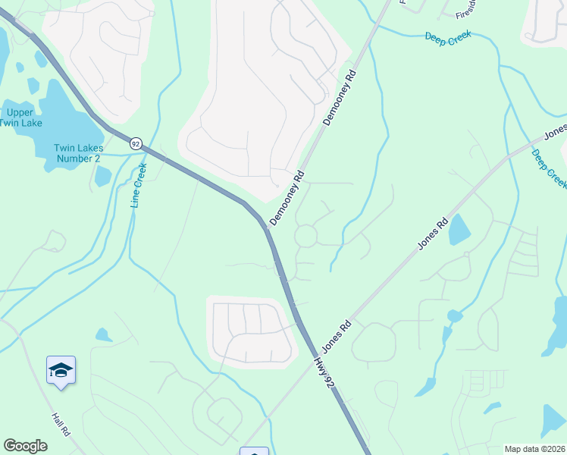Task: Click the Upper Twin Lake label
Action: pos(20,117)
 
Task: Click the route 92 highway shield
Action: pos(135,143)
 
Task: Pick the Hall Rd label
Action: pos(61,423)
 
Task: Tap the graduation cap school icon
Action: pos(61,371)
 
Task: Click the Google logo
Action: pos(25,446)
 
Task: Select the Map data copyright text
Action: pos(535,448)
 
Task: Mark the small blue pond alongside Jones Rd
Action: pos(459,229)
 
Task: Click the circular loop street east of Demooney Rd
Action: pos(306,236)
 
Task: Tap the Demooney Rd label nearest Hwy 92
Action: pos(287,198)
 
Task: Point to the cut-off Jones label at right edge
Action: pos(556,131)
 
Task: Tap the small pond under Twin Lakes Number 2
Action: pos(103,177)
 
